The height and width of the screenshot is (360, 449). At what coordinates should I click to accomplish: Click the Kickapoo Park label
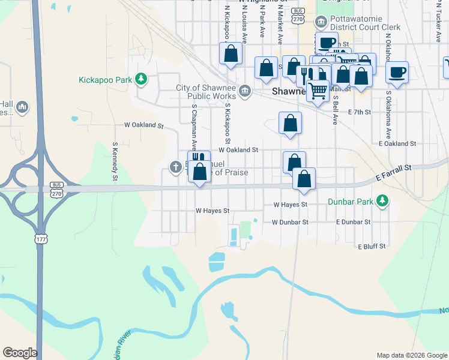click(x=106, y=79)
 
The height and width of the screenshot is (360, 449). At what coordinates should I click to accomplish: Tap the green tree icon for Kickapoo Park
click(x=141, y=79)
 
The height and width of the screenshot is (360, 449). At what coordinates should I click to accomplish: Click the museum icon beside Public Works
click(x=245, y=91)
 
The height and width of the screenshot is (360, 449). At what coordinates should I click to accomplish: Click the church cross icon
click(x=175, y=167)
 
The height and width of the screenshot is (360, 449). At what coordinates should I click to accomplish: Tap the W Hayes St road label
click(x=212, y=211)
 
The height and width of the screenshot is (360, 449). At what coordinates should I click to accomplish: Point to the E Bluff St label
click(x=372, y=247)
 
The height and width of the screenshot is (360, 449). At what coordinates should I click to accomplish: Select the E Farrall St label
click(x=394, y=172)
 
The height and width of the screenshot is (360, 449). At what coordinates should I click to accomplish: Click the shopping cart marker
click(x=318, y=91)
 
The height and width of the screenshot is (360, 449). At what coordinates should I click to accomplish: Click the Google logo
click(x=20, y=353)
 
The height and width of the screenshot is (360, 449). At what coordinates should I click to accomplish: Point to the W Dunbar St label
click(x=290, y=222)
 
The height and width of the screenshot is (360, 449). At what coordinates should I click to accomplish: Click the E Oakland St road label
click(x=397, y=144)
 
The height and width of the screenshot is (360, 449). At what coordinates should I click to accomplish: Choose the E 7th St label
click(x=360, y=112)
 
